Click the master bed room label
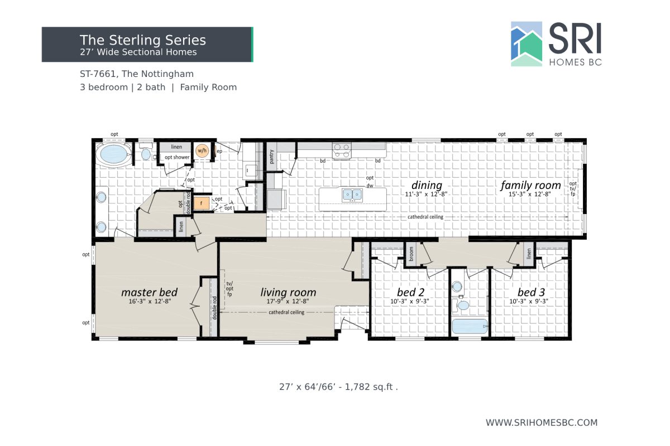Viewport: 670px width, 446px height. [x=149, y=292]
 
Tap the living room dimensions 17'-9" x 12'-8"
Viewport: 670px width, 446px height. [x=288, y=302]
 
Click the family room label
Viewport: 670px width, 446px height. [x=530, y=185]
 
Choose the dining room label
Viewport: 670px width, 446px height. [x=427, y=185]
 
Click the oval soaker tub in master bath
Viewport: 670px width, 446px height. [x=114, y=154]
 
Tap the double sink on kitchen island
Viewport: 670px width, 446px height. [x=352, y=195]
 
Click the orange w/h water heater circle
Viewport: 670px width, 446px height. [x=201, y=151]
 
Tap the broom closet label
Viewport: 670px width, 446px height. [x=411, y=255]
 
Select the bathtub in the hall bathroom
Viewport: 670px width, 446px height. [x=470, y=326]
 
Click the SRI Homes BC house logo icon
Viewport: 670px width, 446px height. [x=526, y=44]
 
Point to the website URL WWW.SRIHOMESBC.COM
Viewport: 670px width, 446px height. [x=541, y=423]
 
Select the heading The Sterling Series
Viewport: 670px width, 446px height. [x=142, y=40]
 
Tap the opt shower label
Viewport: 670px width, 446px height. [x=177, y=157]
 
